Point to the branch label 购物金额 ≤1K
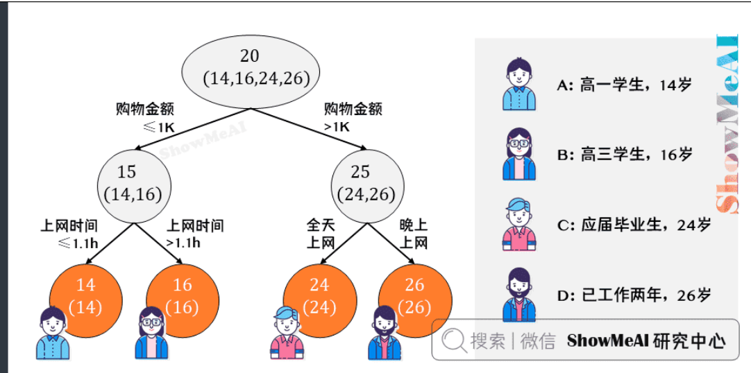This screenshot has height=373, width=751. point(145,118)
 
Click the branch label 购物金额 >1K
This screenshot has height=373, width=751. point(353,118)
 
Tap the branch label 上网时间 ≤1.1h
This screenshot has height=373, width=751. point(69,234)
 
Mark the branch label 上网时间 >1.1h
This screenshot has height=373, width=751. point(195,234)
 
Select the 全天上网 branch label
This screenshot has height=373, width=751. point(321,234)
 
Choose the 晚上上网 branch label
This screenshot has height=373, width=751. point(414,234)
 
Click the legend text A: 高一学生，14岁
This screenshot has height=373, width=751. point(625,86)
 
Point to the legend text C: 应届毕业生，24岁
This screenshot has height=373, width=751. point(634,225)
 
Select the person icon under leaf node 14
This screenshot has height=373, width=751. point(53,333)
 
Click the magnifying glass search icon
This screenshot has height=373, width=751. point(455,340)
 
